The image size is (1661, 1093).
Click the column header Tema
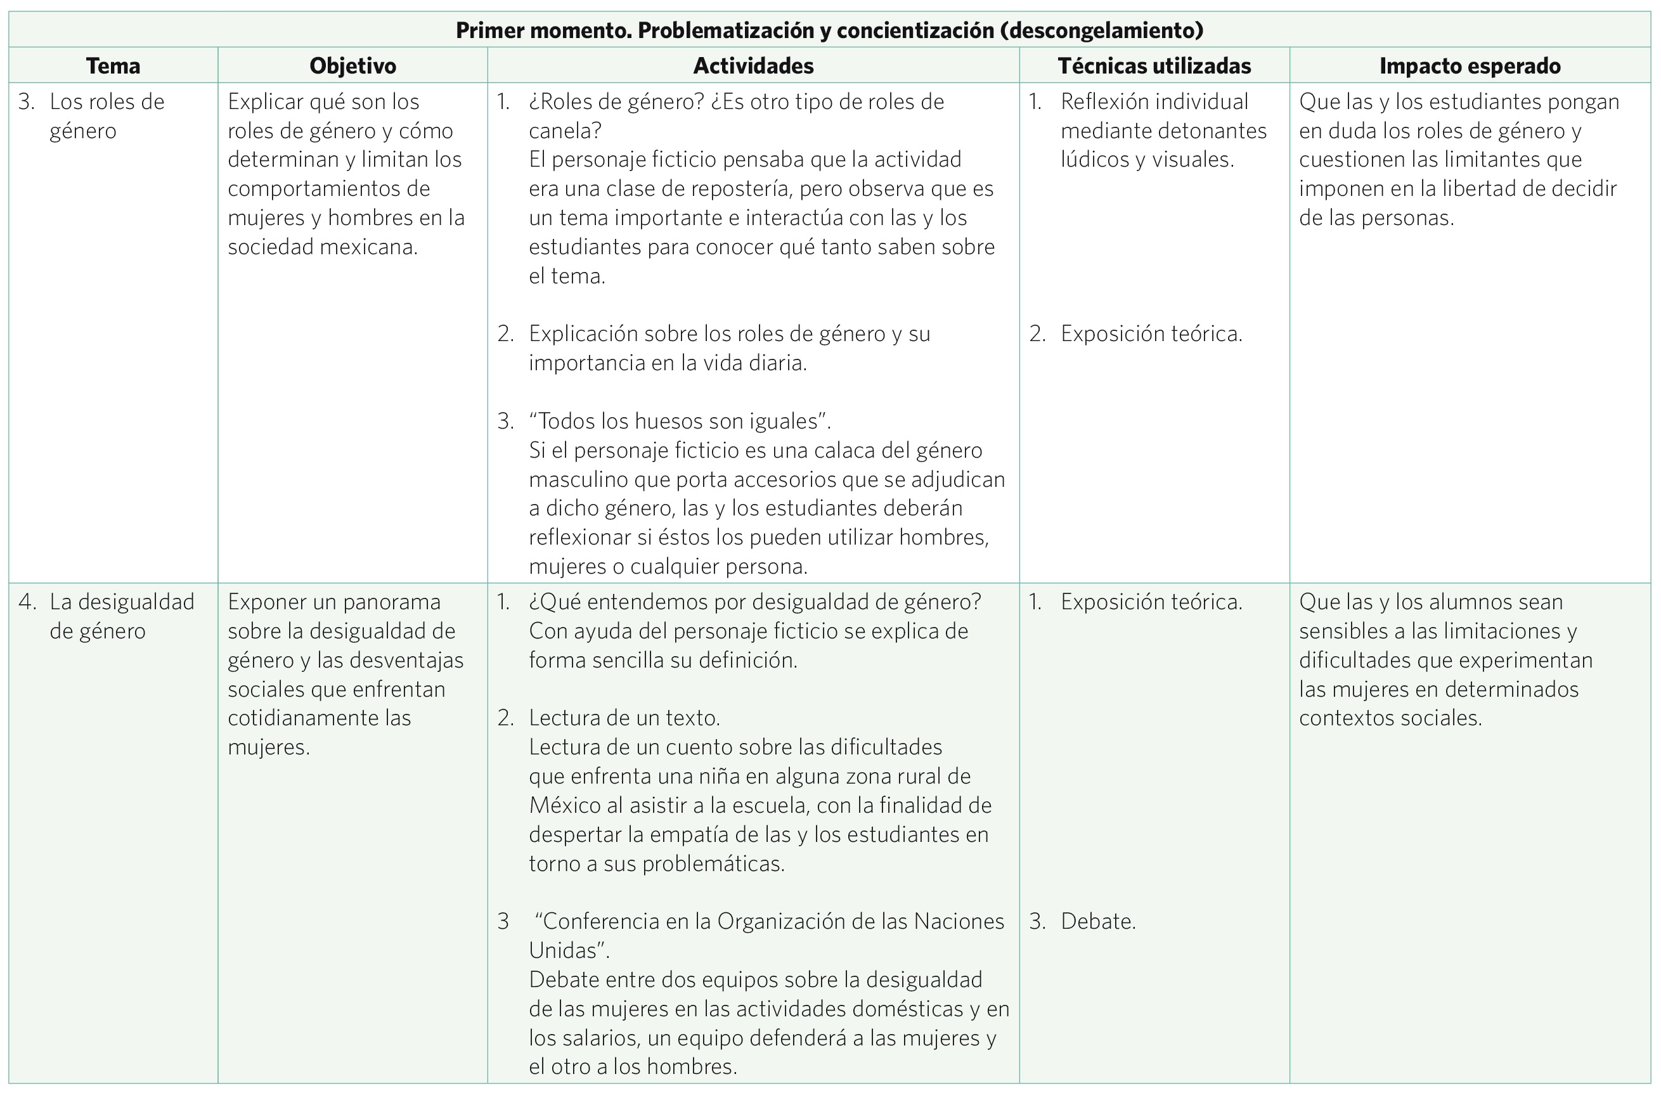[113, 65]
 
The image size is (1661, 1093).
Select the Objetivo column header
[352, 65]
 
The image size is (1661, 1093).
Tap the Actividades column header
[753, 65]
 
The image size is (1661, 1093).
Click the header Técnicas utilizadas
[1154, 65]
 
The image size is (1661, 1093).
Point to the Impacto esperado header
[1470, 65]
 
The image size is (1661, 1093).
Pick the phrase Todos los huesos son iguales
[680, 421]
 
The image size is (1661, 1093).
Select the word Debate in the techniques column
[1098, 921]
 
